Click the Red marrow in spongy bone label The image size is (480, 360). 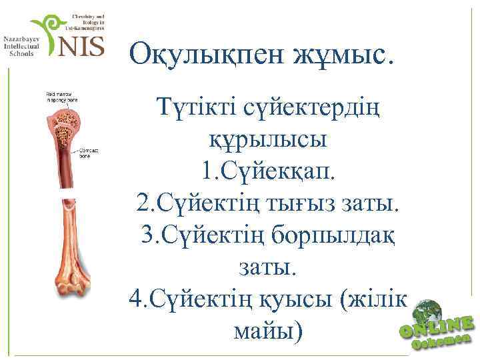62,99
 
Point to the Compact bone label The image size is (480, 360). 89,152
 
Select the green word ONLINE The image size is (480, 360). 437,327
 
